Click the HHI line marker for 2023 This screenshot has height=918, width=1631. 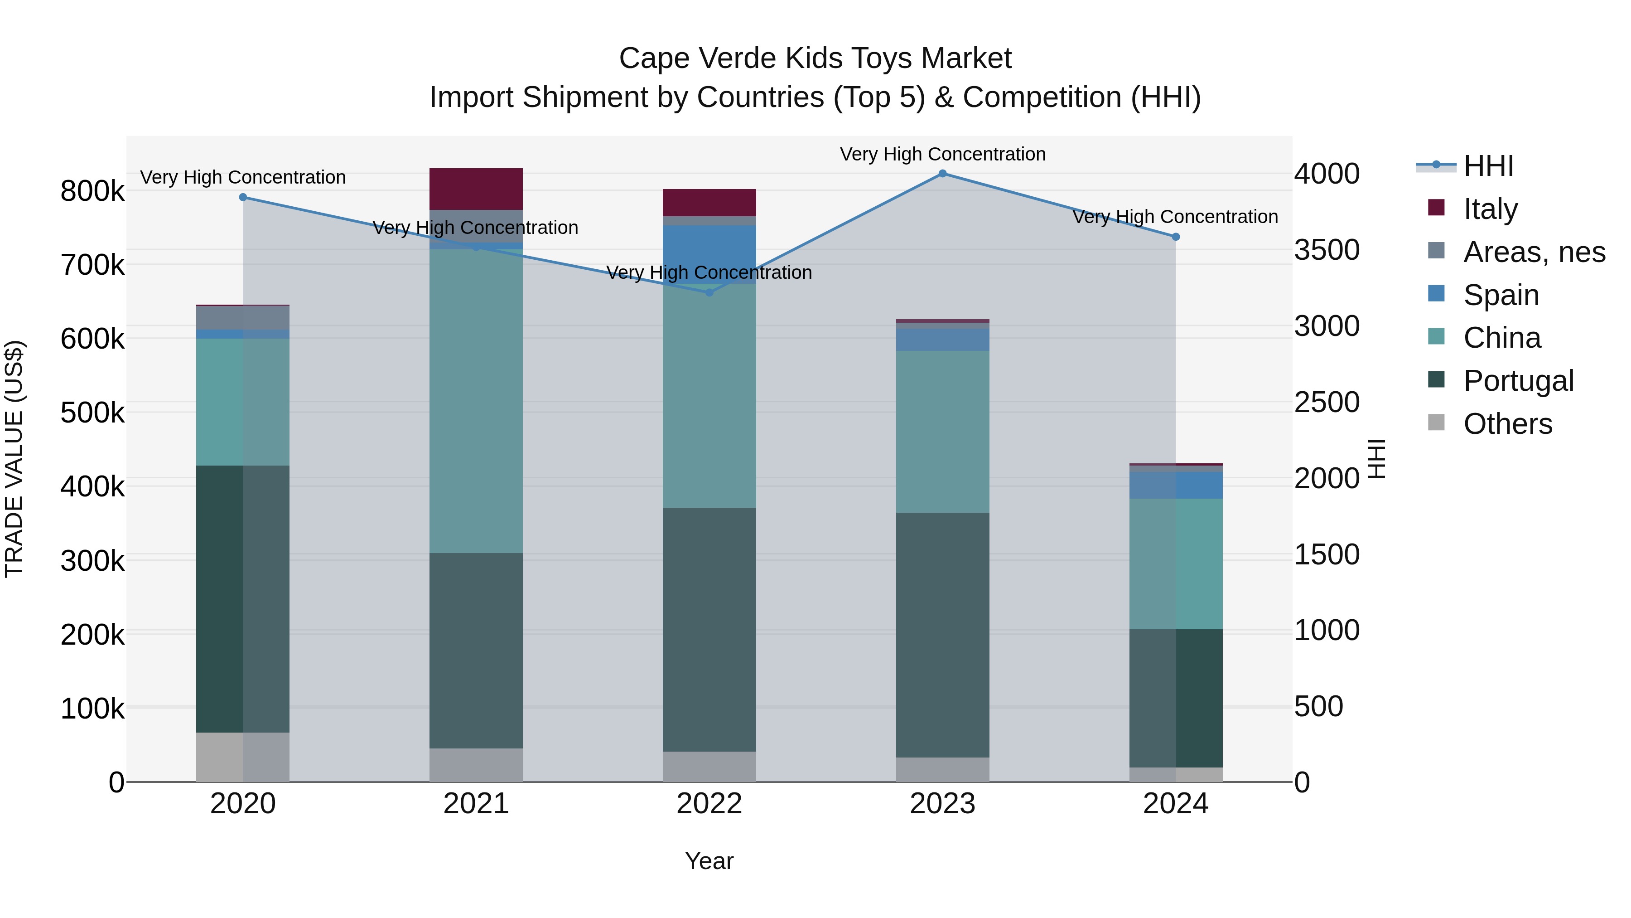tap(942, 174)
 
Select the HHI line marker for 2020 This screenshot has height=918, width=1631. tap(243, 197)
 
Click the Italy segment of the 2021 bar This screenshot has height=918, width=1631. tap(476, 189)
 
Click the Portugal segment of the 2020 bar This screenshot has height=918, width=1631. tap(243, 599)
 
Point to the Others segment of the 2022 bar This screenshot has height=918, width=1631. tap(709, 767)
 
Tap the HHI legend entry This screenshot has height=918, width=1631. tap(1488, 166)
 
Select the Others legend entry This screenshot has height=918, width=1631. tap(1507, 424)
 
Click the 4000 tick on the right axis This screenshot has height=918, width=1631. tap(1327, 174)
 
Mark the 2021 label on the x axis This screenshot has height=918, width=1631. tap(476, 804)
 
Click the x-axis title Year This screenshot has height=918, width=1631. tap(709, 861)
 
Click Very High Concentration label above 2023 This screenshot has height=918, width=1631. tap(942, 154)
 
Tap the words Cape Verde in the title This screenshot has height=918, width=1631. tap(698, 58)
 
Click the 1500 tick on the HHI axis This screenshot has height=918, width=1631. tap(1327, 554)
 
